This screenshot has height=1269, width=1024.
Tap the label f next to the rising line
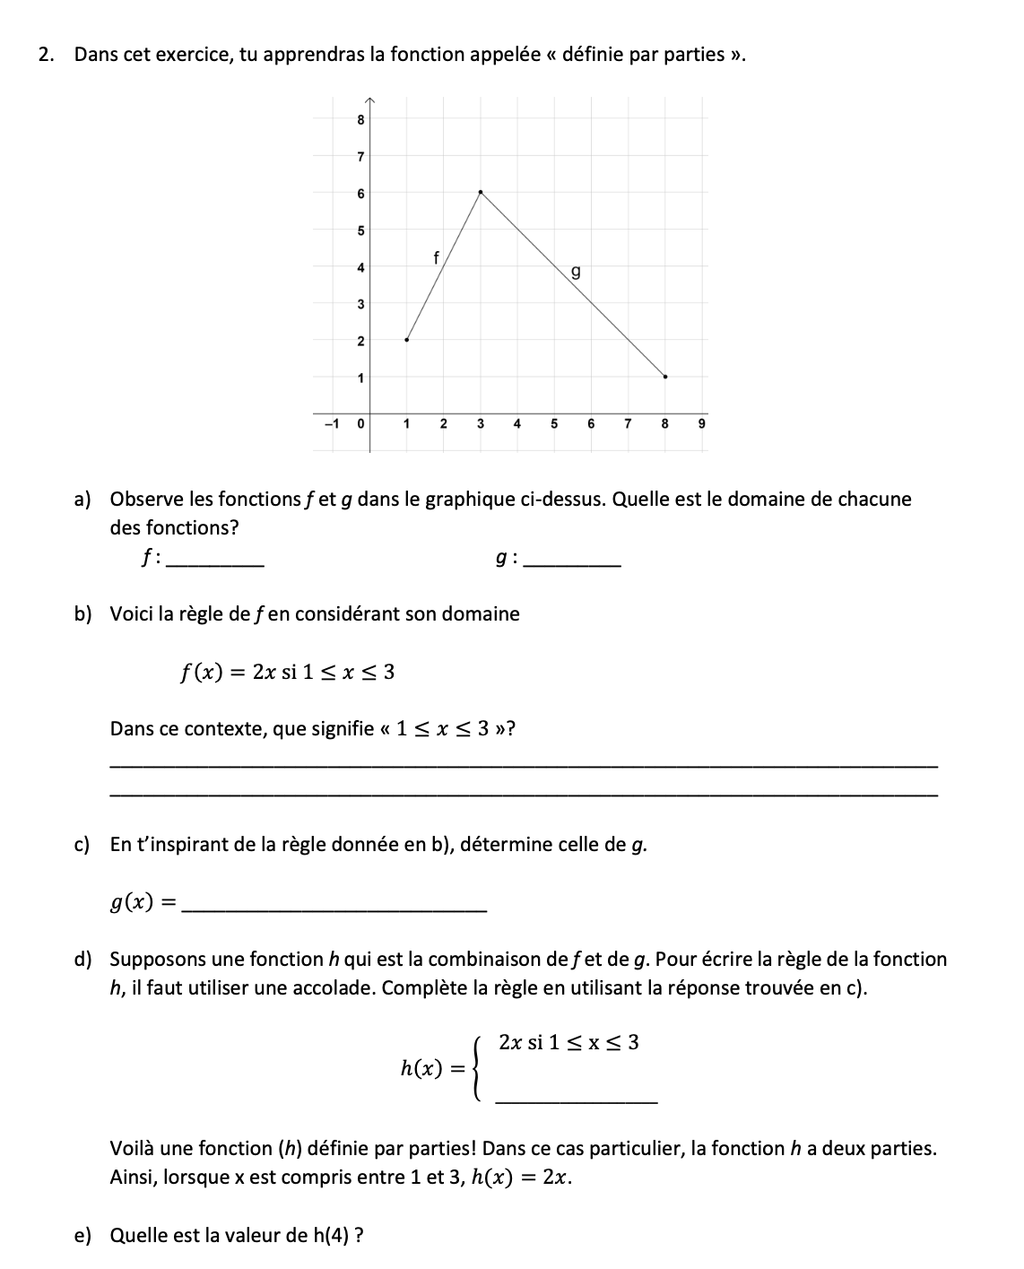[x=436, y=258]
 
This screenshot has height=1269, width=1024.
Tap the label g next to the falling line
[x=576, y=270]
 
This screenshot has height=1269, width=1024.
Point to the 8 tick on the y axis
[x=360, y=119]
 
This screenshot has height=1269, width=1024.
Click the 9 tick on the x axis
[x=702, y=422]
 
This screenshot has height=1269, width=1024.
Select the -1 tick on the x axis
[x=330, y=422]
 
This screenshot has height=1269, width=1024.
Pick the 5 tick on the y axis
[x=360, y=230]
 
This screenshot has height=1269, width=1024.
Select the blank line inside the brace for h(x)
[x=576, y=1100]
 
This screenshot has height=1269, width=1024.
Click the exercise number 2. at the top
[x=46, y=55]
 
